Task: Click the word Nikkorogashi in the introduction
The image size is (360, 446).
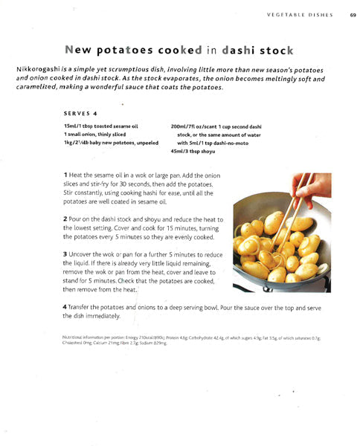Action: click(x=37, y=69)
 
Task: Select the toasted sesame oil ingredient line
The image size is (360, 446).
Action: click(x=102, y=126)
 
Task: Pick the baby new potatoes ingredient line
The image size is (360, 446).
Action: click(x=112, y=143)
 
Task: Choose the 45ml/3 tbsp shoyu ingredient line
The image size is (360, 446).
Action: click(x=193, y=151)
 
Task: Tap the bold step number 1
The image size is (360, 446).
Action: click(x=65, y=173)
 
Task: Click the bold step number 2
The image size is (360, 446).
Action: click(x=65, y=219)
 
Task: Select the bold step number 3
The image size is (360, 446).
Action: click(x=65, y=254)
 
